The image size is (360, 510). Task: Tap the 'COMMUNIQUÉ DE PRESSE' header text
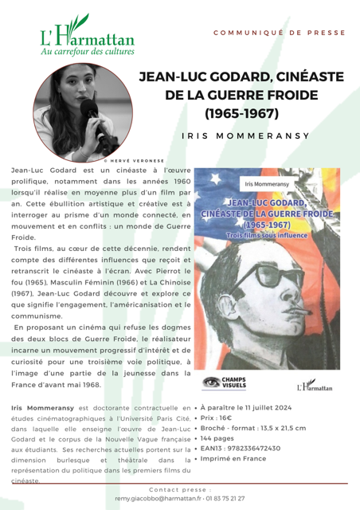click(280, 33)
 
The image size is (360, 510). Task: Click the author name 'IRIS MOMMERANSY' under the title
click(245, 135)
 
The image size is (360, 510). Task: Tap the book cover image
click(266, 269)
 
